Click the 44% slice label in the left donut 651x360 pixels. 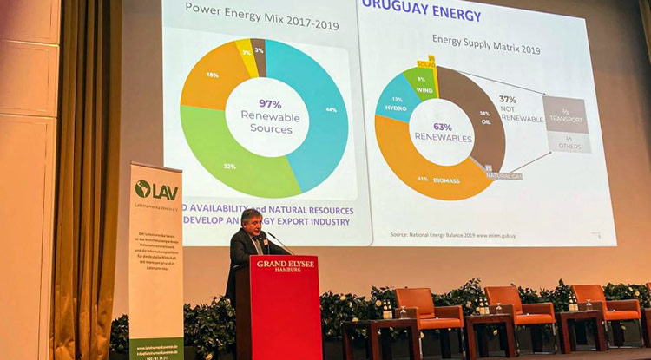click(331, 110)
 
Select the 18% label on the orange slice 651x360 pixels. click(212, 75)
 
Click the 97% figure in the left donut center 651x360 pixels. click(270, 104)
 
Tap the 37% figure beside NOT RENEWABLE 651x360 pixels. click(508, 100)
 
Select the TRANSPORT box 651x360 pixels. click(565, 115)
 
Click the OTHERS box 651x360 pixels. click(569, 143)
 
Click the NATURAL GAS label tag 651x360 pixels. click(503, 174)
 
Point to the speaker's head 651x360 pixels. click(251, 220)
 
